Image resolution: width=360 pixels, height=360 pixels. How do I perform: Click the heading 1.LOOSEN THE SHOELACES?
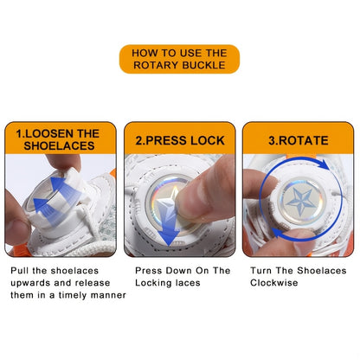point(59,139)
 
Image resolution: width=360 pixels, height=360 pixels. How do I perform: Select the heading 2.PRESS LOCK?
point(180,140)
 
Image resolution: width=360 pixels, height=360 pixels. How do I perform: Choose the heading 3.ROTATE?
point(299,140)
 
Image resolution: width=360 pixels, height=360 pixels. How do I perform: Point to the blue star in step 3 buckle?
point(299,201)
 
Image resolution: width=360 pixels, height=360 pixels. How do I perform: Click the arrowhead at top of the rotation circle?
point(326,164)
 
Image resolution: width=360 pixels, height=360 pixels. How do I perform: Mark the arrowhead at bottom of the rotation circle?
point(278,232)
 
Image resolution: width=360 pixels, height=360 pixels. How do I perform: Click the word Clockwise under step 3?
point(273,283)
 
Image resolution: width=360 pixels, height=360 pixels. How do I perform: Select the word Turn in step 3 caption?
point(260,271)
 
